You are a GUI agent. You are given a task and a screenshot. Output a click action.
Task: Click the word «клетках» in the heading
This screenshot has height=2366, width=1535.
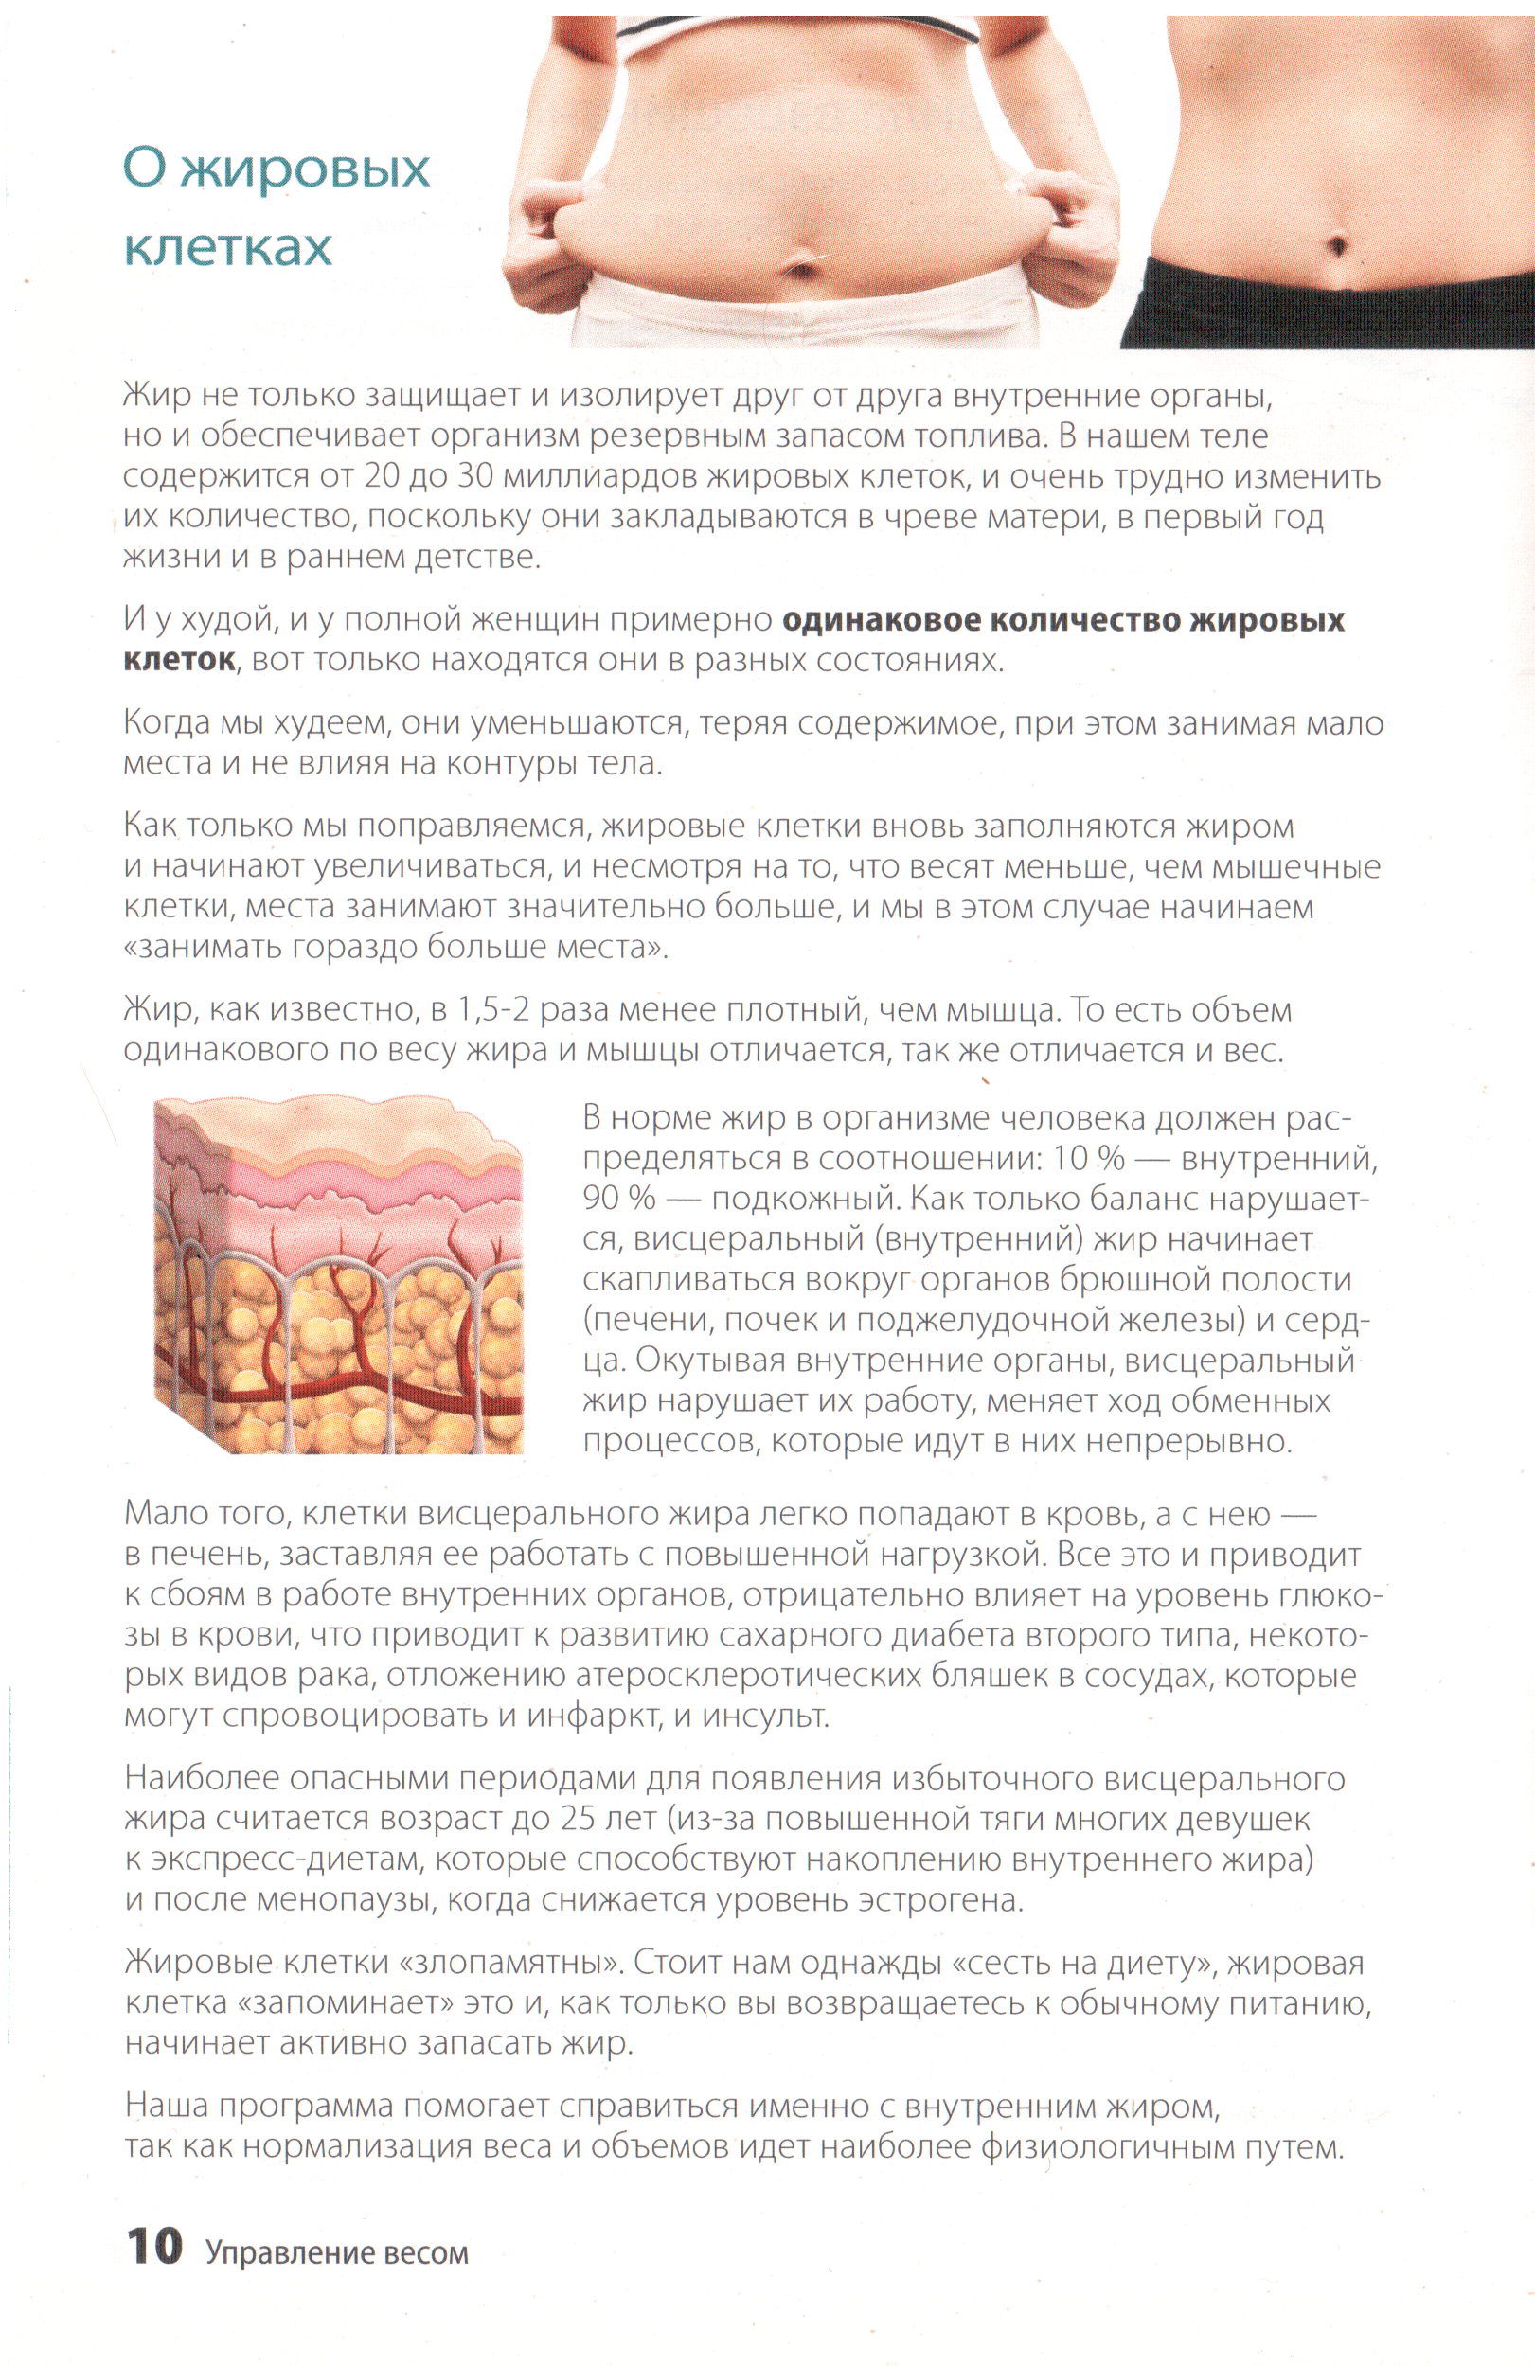pyautogui.click(x=227, y=247)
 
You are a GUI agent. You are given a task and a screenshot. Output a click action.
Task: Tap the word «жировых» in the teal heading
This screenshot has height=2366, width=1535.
pyautogui.click(x=304, y=168)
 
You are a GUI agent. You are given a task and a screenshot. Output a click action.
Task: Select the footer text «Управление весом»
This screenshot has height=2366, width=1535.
pyautogui.click(x=336, y=2252)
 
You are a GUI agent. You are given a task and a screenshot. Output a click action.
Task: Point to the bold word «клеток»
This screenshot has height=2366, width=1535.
pyautogui.click(x=179, y=660)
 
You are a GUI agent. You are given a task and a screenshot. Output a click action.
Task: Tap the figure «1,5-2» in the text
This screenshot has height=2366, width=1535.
pyautogui.click(x=493, y=1010)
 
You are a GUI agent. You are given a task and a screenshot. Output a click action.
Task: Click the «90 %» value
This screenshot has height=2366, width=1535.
pyautogui.click(x=618, y=1198)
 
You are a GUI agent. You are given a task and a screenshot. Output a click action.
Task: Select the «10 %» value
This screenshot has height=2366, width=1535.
pyautogui.click(x=1089, y=1158)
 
